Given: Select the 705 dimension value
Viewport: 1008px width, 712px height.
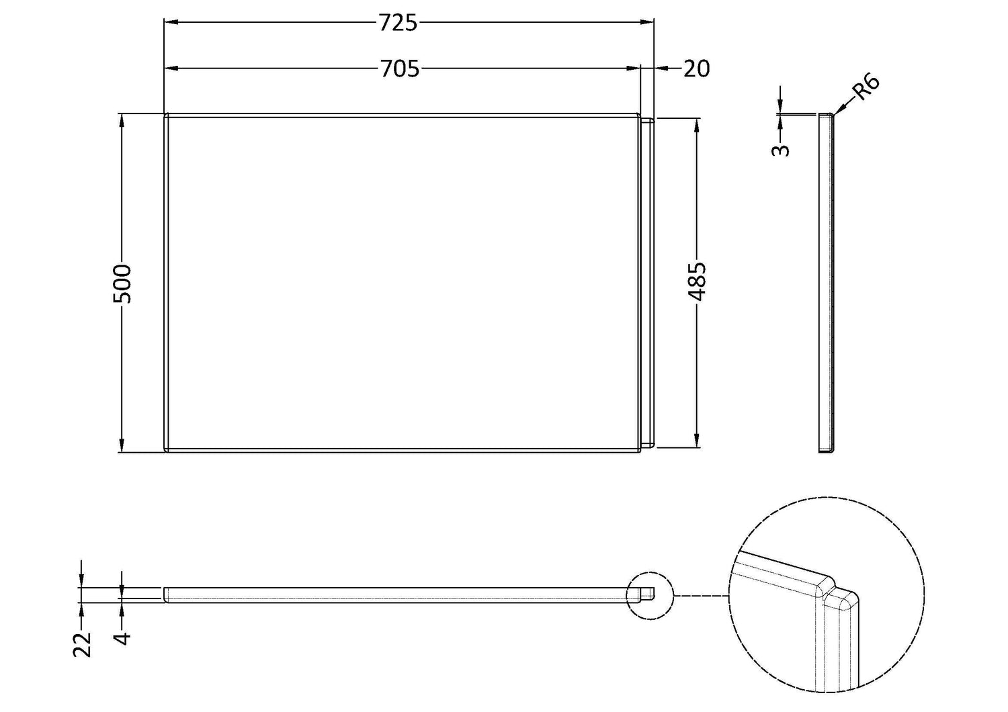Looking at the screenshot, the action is pyautogui.click(x=400, y=69).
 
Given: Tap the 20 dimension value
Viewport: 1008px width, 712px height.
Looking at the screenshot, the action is pyautogui.click(x=697, y=69).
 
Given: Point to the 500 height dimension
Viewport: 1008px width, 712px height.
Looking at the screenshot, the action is pyautogui.click(x=122, y=284).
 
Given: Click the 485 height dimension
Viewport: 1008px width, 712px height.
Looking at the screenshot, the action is pyautogui.click(x=697, y=282).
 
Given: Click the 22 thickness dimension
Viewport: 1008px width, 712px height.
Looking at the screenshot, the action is pyautogui.click(x=82, y=645).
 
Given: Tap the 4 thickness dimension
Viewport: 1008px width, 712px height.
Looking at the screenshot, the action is pyautogui.click(x=122, y=638).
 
